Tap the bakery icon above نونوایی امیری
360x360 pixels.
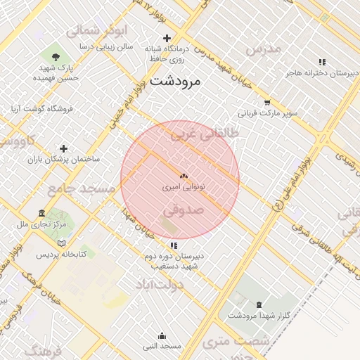(x=184, y=176)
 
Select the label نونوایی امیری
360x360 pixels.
(x=184, y=188)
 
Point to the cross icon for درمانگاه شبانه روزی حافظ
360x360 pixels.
(x=167, y=38)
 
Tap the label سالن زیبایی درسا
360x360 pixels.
(x=105, y=46)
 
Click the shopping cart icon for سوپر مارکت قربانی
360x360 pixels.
(x=266, y=102)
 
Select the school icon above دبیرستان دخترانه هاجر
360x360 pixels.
(x=322, y=62)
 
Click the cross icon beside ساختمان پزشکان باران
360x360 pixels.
(x=64, y=148)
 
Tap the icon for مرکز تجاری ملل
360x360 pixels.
(x=41, y=213)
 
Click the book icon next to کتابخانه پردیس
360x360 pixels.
(x=62, y=243)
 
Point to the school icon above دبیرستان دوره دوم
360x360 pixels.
(x=174, y=245)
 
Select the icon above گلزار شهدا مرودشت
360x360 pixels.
(x=259, y=304)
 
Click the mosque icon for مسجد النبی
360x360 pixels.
(x=162, y=335)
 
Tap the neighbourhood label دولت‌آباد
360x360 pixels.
(x=161, y=284)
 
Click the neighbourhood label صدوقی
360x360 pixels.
(x=183, y=210)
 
